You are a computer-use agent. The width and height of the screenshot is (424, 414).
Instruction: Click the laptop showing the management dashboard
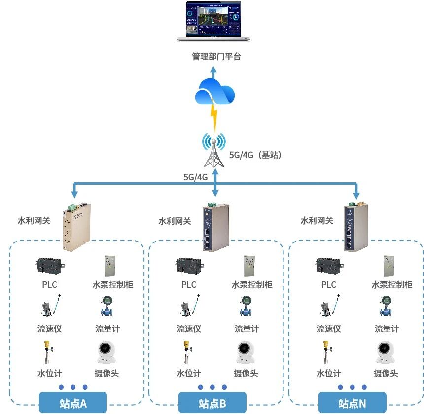coord(213,22)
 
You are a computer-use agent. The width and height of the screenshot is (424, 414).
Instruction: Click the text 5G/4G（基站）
coord(255,155)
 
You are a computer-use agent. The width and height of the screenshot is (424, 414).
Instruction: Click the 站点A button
coord(73,403)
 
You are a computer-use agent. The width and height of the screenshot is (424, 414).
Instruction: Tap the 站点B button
coord(212,403)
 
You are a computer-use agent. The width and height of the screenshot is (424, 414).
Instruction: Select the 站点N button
coord(353,403)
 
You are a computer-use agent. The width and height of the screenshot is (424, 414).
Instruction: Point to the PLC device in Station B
coord(188,266)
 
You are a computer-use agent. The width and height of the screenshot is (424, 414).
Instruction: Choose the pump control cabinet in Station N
coord(390,266)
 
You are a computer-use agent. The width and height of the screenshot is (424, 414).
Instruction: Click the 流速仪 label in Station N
coord(329,329)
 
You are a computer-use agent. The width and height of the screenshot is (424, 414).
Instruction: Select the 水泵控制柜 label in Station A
coord(112,285)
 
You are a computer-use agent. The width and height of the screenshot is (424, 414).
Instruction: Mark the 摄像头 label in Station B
coord(246,373)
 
